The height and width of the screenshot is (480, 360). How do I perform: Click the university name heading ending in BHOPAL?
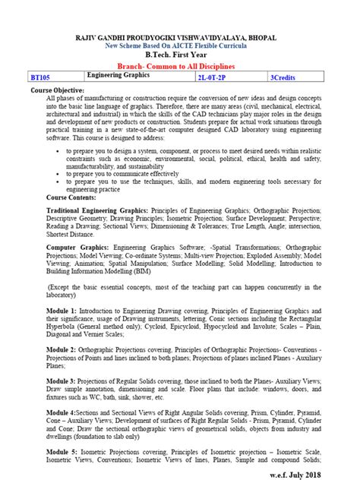click(179, 37)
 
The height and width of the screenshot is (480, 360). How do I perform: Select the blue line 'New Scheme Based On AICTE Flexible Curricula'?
click(179, 46)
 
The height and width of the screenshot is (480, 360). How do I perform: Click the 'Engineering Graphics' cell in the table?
click(118, 77)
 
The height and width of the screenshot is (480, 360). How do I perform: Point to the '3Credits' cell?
click(283, 78)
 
